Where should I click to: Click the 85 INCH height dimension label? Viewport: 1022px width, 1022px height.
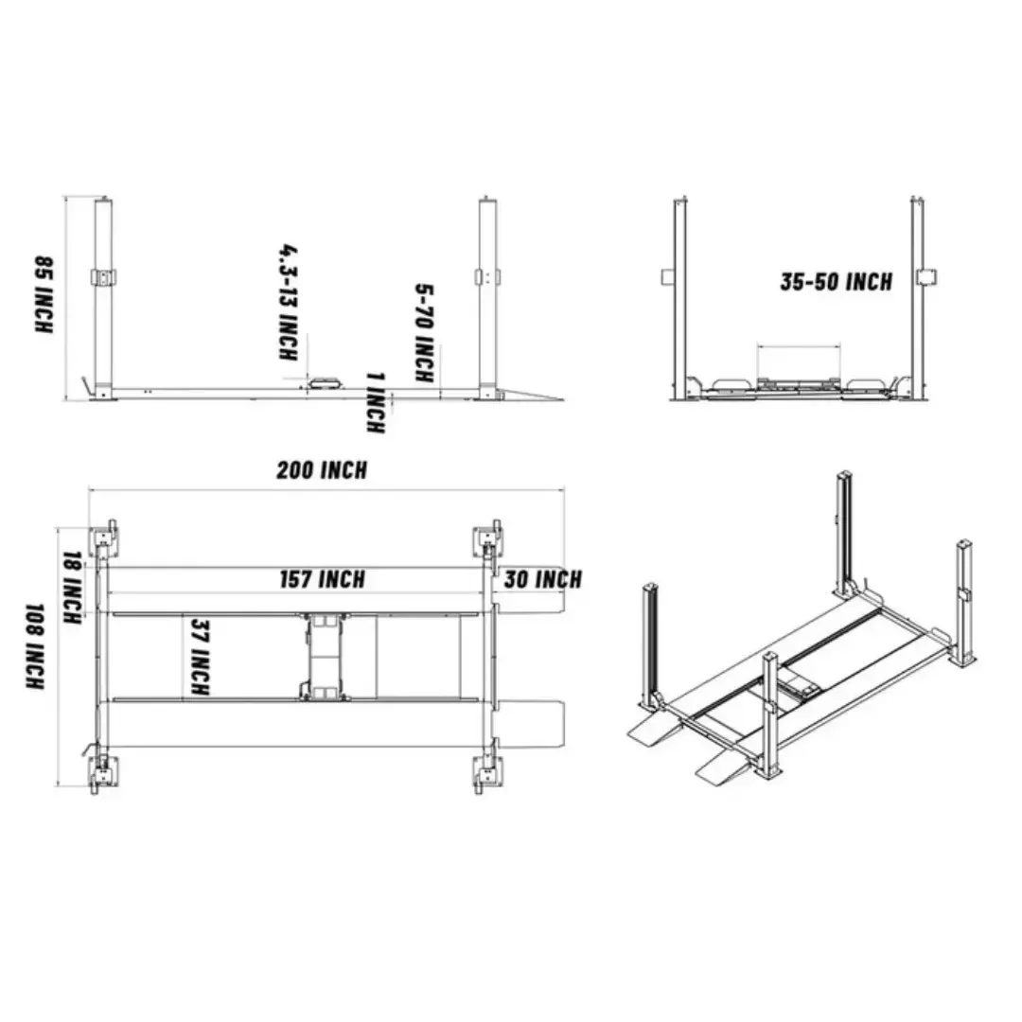[44, 293]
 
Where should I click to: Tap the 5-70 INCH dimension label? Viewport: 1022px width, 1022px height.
[425, 332]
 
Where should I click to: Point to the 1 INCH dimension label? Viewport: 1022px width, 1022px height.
[376, 403]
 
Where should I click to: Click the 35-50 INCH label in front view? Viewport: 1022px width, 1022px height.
[836, 281]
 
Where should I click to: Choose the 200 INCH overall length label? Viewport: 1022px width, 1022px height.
[322, 470]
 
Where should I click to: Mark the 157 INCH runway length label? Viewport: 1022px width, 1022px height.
[322, 579]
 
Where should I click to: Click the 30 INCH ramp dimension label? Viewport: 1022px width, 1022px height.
[541, 579]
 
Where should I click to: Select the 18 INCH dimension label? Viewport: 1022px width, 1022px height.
[70, 588]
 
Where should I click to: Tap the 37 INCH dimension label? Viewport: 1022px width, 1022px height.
[200, 657]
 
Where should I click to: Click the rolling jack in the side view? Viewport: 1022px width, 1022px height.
[325, 380]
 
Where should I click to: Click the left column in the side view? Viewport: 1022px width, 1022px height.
[103, 293]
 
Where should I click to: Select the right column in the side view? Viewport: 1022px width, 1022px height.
[487, 293]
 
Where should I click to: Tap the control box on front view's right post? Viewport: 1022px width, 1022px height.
[929, 277]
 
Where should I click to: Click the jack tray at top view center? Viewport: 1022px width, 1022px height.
[324, 656]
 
